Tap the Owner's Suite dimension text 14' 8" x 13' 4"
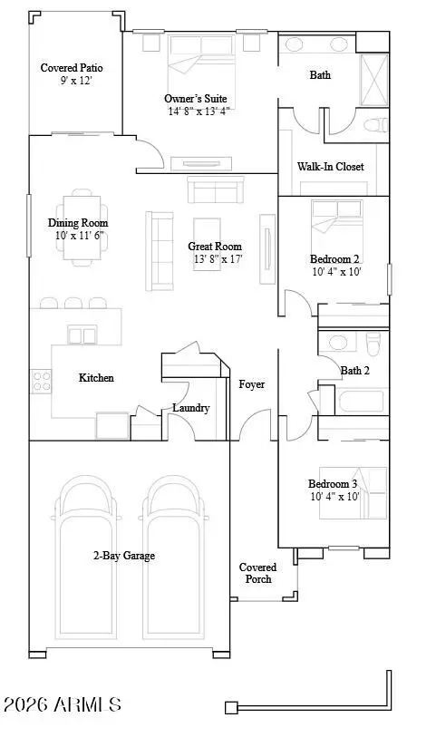[199, 112]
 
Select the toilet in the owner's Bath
[375, 125]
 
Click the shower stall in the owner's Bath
[374, 80]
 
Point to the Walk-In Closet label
[330, 167]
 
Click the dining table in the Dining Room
[82, 228]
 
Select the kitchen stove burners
[42, 381]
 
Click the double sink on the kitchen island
[82, 335]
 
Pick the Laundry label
[190, 408]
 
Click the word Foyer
[251, 384]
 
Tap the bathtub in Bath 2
[361, 402]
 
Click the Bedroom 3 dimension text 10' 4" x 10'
[335, 497]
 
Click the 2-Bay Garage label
[124, 556]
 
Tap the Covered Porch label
[257, 574]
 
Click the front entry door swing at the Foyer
[256, 424]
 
